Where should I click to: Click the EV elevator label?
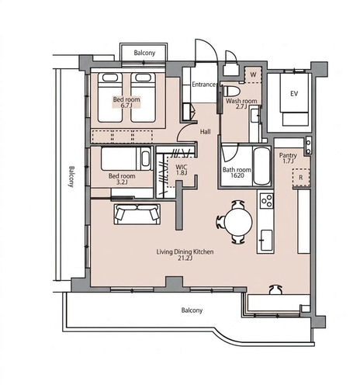coord(294,93)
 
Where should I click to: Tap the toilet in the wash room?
coord(232,91)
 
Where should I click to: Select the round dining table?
coord(238,222)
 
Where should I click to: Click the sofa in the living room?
coord(137,214)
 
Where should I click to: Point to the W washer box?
coord(253,74)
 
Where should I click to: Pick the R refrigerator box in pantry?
coord(301,178)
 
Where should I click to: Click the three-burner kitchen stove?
coord(266,201)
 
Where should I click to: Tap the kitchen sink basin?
coord(266,240)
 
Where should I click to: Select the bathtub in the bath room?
coord(261,166)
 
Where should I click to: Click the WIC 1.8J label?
coord(182,170)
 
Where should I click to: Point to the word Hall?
coord(206,132)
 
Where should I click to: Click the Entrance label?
coord(204,85)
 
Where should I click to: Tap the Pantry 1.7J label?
coord(288,158)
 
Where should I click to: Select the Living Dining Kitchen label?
coord(185,255)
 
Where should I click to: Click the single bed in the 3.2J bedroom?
coord(126,158)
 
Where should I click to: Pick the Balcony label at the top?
coord(144,53)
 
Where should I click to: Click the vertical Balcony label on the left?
coord(71,176)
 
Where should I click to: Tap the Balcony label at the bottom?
coord(192,310)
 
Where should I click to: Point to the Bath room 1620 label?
coord(237,172)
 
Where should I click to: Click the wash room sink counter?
coord(255,123)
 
